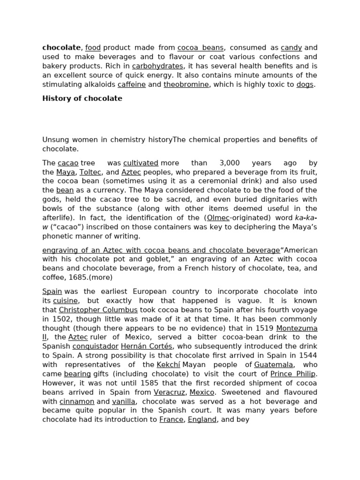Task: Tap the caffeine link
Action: (x=132, y=84)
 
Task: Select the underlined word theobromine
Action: (x=186, y=84)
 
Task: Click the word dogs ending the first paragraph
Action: (x=305, y=84)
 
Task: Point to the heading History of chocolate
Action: (x=82, y=98)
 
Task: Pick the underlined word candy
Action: (x=291, y=48)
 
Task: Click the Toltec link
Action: (x=90, y=172)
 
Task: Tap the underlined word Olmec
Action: (x=218, y=218)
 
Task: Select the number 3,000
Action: (x=229, y=163)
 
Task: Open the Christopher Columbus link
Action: (x=98, y=310)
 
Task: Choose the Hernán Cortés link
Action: (x=147, y=346)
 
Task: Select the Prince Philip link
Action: (x=293, y=374)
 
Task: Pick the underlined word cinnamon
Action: (x=77, y=401)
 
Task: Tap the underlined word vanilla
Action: (x=124, y=401)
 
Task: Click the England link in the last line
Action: (x=202, y=420)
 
